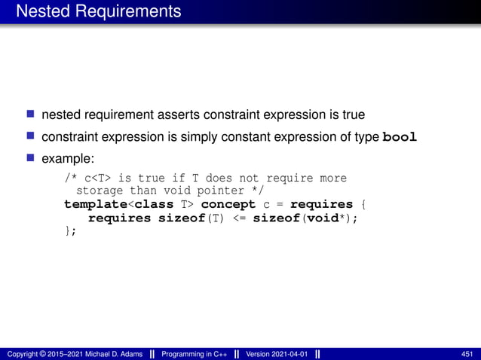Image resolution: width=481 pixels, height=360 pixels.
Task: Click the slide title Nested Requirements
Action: tap(98, 11)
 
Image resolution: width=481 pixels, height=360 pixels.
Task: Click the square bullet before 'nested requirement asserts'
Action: tap(31, 115)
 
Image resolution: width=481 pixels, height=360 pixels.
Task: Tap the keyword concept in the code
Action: tap(228, 205)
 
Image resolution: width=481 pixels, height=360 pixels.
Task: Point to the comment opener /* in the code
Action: tap(70, 178)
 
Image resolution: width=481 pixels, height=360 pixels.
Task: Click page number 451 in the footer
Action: tap(467, 354)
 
